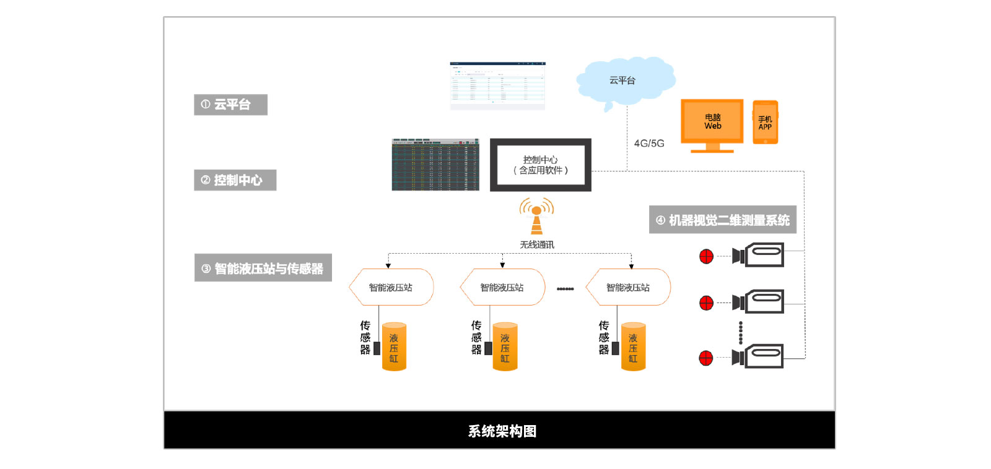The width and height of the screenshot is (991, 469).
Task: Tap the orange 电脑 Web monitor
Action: pos(712,123)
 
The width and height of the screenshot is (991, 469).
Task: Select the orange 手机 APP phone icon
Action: pos(766,123)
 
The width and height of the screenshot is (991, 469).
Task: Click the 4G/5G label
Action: pos(649,144)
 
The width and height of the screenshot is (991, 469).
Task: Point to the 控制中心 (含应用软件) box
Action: pos(541,165)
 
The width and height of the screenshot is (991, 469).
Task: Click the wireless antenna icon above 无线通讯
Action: pos(537,215)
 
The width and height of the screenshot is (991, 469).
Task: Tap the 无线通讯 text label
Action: pos(537,245)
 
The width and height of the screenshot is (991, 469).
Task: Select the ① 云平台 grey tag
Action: pos(231,105)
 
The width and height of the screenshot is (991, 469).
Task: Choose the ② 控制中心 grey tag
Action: pos(235,180)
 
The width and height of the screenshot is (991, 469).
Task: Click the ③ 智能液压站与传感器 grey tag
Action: pos(263,268)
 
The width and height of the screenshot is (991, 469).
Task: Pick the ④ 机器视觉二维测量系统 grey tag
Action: pos(723,220)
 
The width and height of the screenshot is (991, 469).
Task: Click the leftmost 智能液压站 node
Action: pos(391,287)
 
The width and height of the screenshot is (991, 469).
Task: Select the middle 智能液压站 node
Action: pos(502,287)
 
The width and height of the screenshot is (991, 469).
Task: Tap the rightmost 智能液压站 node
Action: pos(628,287)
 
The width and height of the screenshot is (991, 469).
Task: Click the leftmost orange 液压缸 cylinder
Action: pos(394,346)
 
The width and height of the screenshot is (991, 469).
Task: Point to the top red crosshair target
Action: pos(706,256)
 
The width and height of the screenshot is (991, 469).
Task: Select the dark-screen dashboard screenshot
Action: pos(435,165)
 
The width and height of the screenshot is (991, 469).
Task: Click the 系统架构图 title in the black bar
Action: pos(502,431)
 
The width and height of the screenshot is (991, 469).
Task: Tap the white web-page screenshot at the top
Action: pos(497,85)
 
